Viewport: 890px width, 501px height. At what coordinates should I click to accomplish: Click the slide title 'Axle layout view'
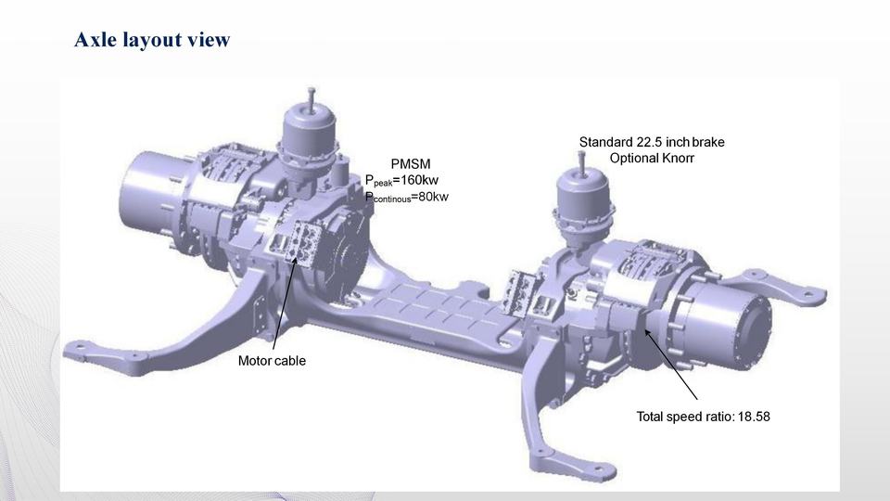(152, 40)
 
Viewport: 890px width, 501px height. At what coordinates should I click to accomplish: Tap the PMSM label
(411, 164)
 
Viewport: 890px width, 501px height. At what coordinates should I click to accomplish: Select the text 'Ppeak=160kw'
(401, 181)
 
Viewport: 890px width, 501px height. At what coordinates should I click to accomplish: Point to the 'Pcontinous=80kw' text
(406, 197)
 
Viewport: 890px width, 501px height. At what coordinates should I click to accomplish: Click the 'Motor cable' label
(272, 361)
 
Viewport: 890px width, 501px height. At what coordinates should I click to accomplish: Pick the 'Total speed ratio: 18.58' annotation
(704, 417)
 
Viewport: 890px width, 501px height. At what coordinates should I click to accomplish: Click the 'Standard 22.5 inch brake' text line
(652, 142)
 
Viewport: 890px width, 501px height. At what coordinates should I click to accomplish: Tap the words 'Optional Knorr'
(652, 158)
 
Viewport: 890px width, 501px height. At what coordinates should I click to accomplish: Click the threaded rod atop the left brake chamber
(311, 96)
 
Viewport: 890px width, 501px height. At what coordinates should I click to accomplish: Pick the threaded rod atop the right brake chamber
(580, 161)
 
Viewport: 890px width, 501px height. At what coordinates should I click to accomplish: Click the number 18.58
(754, 417)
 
